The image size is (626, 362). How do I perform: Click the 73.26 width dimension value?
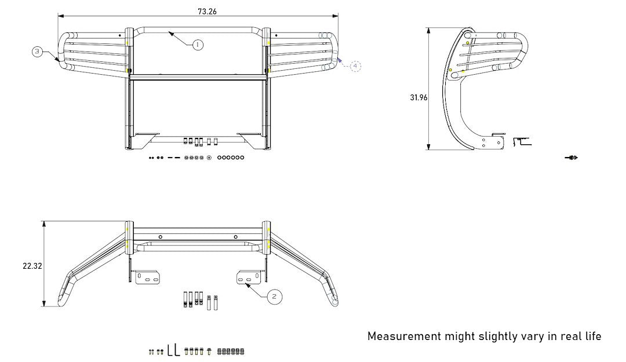207,12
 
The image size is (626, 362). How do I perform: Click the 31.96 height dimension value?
418,97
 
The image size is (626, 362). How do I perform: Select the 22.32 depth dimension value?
32,266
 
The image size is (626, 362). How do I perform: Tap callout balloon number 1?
198,45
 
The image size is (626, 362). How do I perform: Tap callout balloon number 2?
274,297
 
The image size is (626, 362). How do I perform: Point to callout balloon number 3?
37,52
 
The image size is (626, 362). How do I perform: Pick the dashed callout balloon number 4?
355,66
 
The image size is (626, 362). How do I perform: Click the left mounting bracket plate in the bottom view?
147,277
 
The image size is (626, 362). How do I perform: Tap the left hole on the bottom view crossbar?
161,237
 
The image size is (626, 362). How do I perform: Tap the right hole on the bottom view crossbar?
235,237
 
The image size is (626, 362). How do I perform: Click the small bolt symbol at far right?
572,158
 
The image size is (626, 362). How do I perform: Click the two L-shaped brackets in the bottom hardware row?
174,350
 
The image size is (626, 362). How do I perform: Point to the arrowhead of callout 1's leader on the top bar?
170,34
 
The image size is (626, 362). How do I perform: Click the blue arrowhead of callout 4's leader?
340,60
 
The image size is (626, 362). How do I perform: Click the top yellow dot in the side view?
468,43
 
